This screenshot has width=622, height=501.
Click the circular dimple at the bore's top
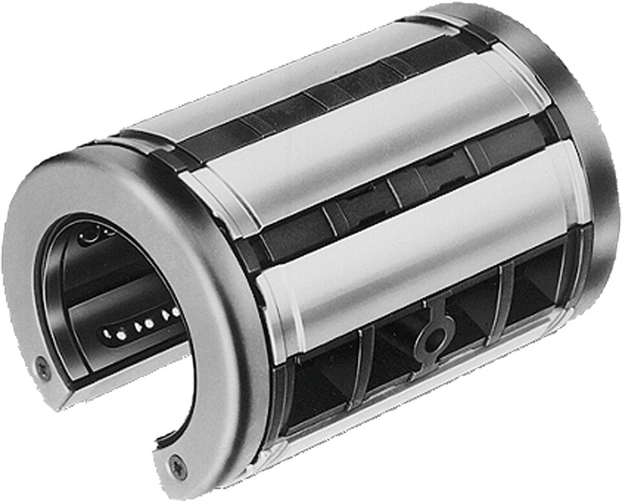click(x=90, y=236)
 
